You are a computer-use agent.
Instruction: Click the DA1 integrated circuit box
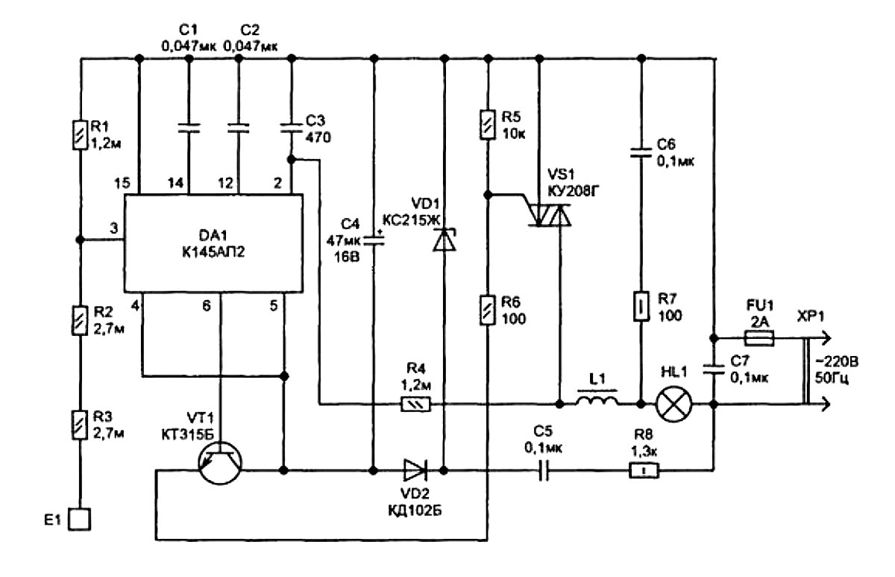213,243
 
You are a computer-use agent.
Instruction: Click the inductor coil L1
596,403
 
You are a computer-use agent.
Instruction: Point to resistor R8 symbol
641,471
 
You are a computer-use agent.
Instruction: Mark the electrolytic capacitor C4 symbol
373,243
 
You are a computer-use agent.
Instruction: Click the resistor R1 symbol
78,135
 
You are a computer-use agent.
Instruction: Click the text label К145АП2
213,255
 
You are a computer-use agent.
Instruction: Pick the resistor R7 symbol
641,306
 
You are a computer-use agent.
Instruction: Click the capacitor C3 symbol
291,128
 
